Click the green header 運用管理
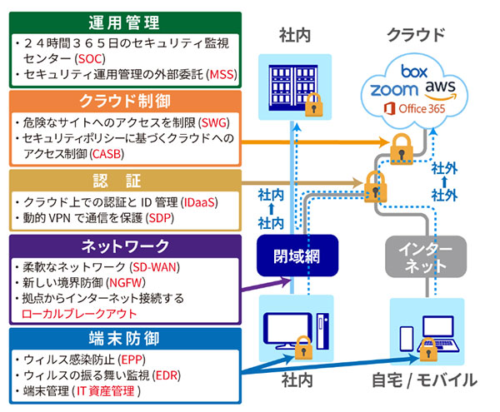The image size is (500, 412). [x=124, y=22]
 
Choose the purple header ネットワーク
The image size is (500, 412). [x=124, y=246]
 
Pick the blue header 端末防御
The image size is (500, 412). [x=124, y=341]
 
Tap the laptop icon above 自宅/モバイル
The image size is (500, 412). [x=438, y=338]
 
